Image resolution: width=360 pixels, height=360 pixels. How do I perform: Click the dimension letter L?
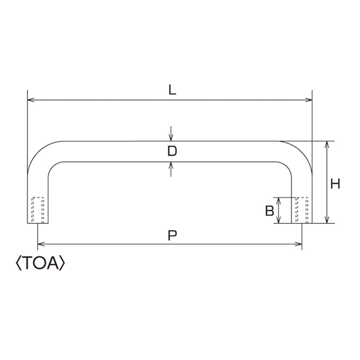point(172,90)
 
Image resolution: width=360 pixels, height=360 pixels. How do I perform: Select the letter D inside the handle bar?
point(172,151)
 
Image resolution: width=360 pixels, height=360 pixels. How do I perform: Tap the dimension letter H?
point(335,184)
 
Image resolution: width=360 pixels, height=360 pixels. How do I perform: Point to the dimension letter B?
point(269,211)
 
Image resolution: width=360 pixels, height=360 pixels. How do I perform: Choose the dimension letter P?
point(172,236)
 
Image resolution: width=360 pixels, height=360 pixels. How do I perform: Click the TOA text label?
point(41,263)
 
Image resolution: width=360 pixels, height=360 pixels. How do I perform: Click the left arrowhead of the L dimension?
point(31,100)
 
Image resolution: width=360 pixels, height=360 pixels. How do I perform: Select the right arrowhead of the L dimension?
point(309,100)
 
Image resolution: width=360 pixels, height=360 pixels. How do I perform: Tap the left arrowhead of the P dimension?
point(41,244)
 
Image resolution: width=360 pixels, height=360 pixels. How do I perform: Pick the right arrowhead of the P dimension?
point(298,244)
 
